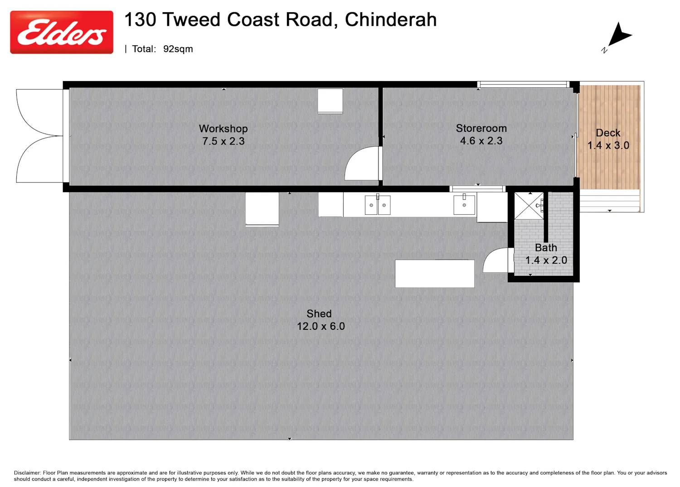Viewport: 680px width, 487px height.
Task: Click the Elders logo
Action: pos(62,33)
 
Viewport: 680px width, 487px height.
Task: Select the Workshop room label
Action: pos(223,129)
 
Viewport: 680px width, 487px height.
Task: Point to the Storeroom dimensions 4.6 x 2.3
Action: pos(481,141)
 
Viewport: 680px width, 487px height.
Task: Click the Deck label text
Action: pos(608,133)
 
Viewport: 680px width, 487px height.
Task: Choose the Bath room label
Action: pos(546,248)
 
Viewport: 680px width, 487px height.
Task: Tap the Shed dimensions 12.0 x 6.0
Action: pos(321,326)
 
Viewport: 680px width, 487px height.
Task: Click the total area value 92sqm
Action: pos(178,49)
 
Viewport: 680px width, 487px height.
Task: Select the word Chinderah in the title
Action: pos(391,19)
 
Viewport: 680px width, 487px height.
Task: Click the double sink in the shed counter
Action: pos(378,205)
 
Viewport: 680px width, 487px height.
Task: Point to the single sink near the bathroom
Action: pos(464,205)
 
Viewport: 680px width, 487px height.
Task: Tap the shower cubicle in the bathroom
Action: pos(529,206)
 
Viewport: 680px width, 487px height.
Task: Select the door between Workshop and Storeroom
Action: pos(363,163)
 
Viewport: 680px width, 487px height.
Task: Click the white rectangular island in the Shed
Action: pos(434,273)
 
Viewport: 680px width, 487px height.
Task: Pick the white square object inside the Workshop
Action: pos(330,101)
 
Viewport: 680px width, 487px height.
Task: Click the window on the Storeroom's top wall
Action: pos(523,84)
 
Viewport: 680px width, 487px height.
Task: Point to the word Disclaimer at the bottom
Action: pos(27,473)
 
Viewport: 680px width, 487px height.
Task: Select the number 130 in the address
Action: pos(140,19)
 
